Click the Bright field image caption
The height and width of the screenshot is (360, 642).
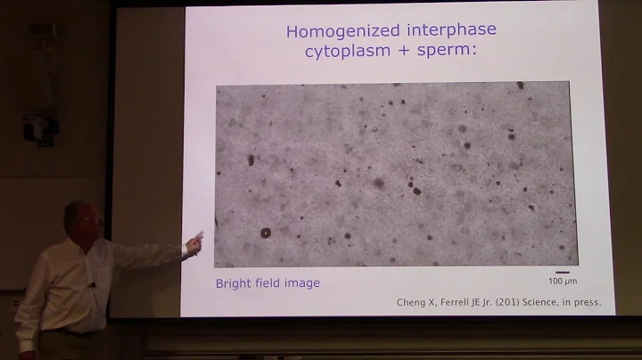pos(267,283)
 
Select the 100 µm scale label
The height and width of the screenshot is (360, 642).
pos(562,281)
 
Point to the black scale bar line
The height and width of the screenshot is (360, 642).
pos(562,272)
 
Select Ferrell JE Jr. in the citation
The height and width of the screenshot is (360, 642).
pos(457,302)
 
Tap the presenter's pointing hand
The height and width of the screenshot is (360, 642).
pos(193,241)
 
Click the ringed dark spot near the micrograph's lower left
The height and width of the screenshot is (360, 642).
pos(265,233)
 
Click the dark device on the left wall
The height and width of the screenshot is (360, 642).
pos(40,120)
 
